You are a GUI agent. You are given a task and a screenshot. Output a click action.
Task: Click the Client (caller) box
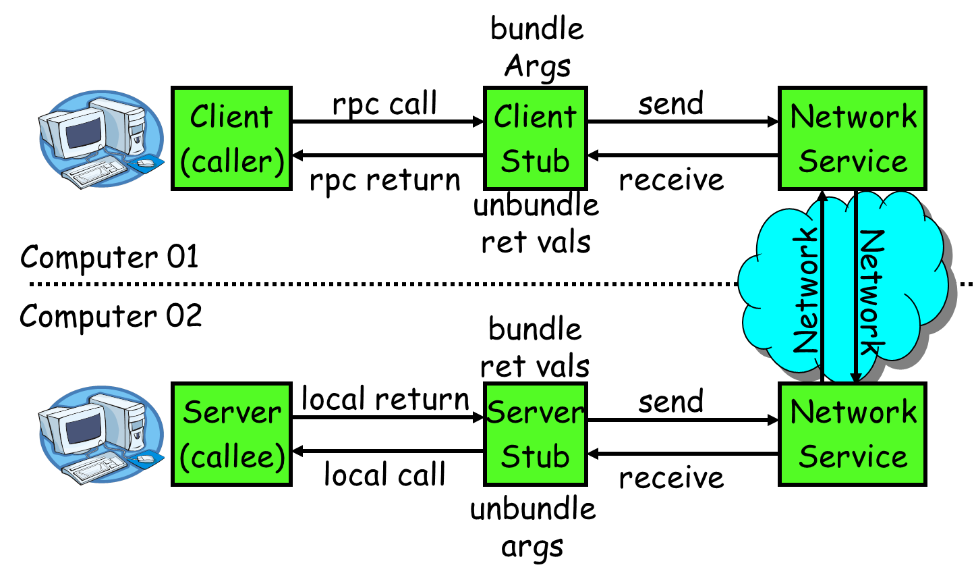231,138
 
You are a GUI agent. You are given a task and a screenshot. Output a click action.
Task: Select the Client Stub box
535,138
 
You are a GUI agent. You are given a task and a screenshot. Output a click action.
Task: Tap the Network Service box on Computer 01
852,138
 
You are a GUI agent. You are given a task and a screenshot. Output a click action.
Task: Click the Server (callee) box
231,434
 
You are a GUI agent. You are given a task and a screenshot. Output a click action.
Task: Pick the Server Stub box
535,434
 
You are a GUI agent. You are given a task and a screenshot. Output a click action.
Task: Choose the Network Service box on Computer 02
852,434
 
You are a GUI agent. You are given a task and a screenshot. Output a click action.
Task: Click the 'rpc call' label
384,104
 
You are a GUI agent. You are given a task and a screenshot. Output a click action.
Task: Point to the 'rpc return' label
384,180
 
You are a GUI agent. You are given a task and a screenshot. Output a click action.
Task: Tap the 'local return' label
384,399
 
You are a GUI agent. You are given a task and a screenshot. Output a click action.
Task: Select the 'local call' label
384,475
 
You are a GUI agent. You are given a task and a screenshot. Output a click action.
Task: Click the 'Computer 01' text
109,257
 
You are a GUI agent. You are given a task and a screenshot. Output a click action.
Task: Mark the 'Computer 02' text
111,316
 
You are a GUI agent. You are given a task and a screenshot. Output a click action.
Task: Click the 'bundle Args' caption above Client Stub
537,47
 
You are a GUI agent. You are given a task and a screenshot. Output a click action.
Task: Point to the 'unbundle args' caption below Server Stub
533,527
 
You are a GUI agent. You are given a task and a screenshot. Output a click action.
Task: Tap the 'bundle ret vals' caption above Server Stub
535,348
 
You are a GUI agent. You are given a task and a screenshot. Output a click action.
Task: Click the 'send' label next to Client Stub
670,104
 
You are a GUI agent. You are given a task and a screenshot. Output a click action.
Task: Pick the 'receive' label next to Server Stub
670,478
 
